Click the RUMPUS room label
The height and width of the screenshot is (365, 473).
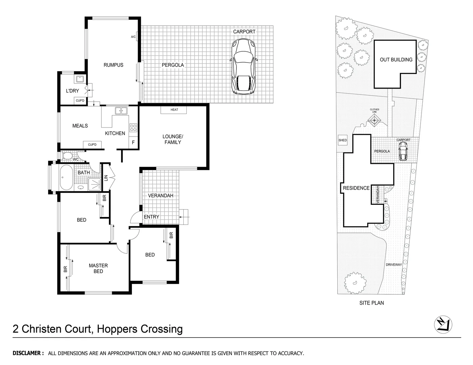(x=113, y=65)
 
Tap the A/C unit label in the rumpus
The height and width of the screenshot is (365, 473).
(x=133, y=37)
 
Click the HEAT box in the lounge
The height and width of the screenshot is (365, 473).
(x=174, y=110)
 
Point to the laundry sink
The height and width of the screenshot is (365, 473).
(x=80, y=79)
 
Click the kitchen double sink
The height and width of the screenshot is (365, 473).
(x=120, y=111)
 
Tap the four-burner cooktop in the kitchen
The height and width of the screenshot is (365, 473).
(x=133, y=128)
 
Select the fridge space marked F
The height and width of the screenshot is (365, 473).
(x=133, y=143)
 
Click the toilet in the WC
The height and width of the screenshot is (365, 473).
(x=67, y=156)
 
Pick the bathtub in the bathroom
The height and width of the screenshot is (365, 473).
(x=66, y=177)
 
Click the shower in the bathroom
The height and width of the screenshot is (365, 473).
(x=94, y=185)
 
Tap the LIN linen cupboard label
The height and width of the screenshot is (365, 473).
(x=106, y=177)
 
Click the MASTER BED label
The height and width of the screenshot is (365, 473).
(x=98, y=268)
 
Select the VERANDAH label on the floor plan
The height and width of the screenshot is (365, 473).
(x=161, y=196)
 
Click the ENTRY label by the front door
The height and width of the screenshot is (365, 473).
(x=151, y=217)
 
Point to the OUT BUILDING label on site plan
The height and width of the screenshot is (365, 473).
(x=396, y=59)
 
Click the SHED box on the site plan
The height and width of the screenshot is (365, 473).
(x=342, y=140)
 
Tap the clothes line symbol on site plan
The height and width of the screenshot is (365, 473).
(x=375, y=119)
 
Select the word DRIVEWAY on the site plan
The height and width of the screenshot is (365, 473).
(x=394, y=265)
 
